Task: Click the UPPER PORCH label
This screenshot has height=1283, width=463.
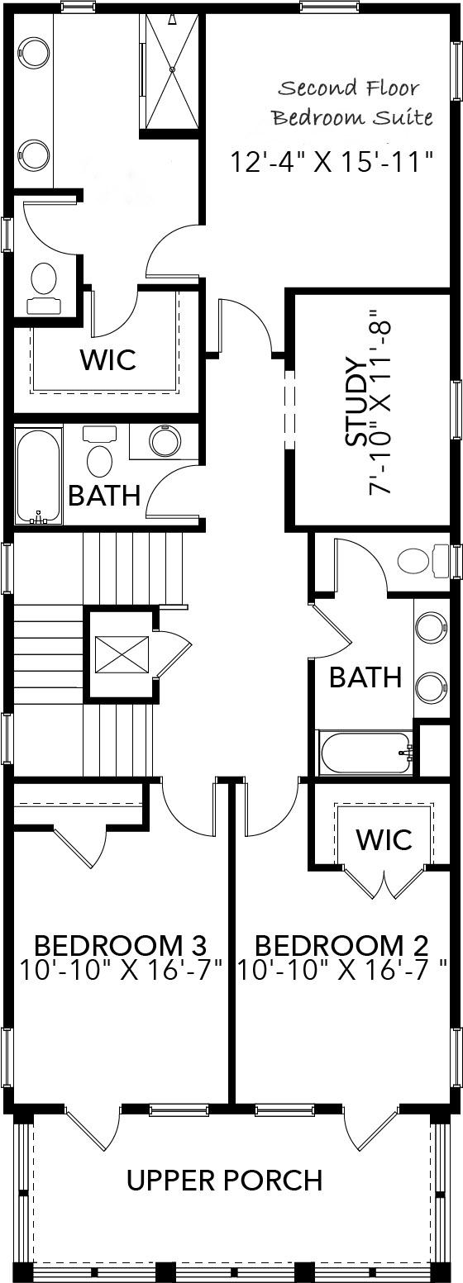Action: [224, 1180]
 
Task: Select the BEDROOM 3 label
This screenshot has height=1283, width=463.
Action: [120, 944]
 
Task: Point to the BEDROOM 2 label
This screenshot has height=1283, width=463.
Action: [341, 944]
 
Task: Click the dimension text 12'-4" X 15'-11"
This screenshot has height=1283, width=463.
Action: [332, 161]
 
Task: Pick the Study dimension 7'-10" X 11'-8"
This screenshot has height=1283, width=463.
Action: [379, 403]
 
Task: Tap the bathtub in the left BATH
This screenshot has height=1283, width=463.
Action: [38, 475]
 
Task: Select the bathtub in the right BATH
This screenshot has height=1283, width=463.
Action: [364, 753]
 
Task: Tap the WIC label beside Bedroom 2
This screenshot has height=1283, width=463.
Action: [384, 839]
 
